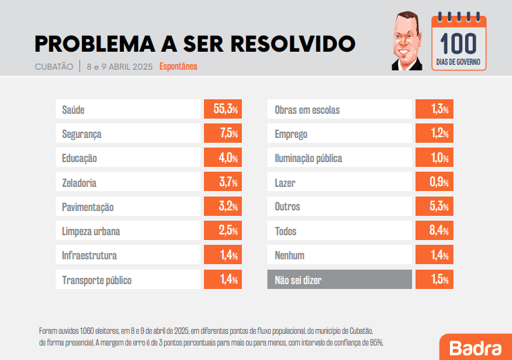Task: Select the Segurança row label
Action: [x=81, y=134]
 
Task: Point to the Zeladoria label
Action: [x=79, y=183]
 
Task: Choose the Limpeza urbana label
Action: [x=95, y=231]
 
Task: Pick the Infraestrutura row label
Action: [x=90, y=256]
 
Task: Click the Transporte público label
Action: [x=96, y=280]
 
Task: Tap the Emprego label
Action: [x=291, y=134]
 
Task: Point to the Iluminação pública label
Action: [x=308, y=158]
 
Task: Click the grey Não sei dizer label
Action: [x=298, y=280]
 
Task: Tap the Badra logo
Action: [x=475, y=346]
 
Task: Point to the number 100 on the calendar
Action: [x=459, y=44]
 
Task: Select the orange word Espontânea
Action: [x=178, y=67]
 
